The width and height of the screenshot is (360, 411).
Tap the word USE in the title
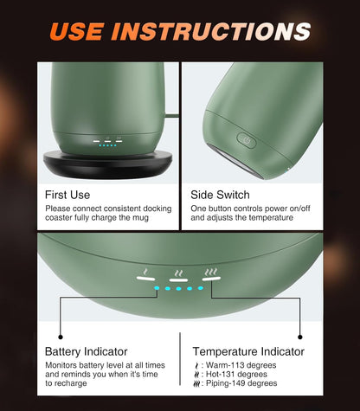[x=77, y=31]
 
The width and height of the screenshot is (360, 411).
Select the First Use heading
[x=67, y=195]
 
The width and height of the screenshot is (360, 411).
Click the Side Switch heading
[x=220, y=195]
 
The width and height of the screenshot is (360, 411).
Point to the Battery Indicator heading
[x=87, y=351]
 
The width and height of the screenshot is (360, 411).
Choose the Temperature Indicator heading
[x=248, y=351]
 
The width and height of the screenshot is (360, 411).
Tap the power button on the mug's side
[x=247, y=140]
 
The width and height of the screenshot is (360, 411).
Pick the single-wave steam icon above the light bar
[x=146, y=272]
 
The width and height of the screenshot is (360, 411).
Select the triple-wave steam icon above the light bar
[x=211, y=272]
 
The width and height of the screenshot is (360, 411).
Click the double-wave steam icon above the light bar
[x=179, y=273]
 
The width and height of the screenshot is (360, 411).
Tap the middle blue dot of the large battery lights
[x=178, y=288]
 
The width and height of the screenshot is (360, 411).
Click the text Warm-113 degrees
[x=241, y=365]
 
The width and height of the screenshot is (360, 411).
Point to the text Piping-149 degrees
[x=241, y=383]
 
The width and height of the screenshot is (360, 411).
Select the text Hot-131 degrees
[x=236, y=374]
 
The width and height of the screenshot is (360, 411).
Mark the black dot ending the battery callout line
[x=61, y=337]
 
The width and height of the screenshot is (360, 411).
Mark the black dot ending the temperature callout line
[x=300, y=337]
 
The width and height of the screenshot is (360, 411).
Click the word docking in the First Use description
[x=157, y=209]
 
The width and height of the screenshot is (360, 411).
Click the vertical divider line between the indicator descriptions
[x=180, y=359]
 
